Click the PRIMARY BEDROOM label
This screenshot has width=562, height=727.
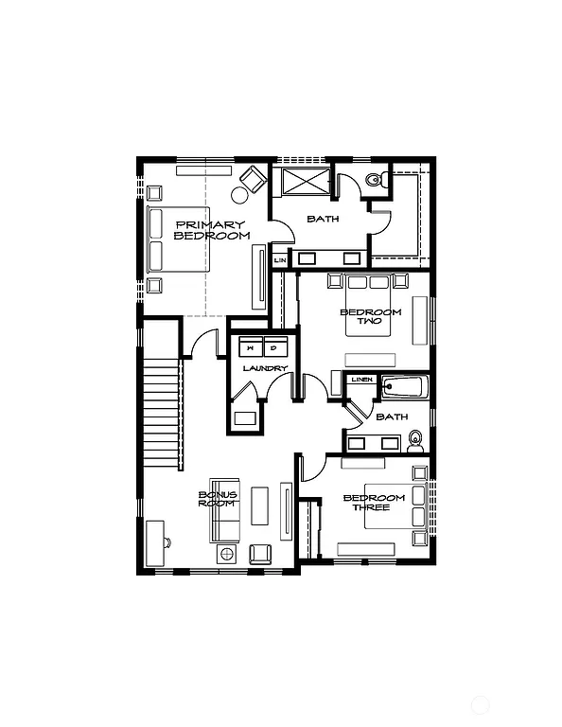pos(212,230)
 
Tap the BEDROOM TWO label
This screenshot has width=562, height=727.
pos(370,317)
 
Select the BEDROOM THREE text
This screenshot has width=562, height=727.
pos(374,503)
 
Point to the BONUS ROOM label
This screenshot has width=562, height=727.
pos(217,499)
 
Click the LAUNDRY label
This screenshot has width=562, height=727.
pos(264,368)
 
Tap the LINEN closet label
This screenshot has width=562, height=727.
pos(361,381)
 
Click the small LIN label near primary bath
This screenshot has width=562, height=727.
pos(280,259)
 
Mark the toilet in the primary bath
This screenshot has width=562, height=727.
pos(375,177)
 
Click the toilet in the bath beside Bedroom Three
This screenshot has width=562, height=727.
pos(414,440)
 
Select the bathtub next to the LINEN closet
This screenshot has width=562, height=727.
pos(405,387)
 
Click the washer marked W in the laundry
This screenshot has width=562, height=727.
pos(250,346)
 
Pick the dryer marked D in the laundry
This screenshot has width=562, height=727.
pos(275,346)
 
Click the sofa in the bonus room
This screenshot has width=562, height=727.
pos(223,508)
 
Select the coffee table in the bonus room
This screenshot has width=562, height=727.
pos(259,507)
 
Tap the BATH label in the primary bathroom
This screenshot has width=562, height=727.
pos(324,220)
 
